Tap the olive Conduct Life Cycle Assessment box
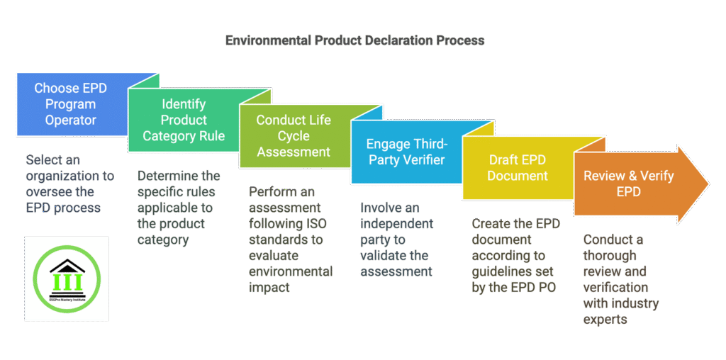pos(294,135)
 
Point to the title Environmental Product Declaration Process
pos(354,40)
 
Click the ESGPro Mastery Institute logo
pos(67,279)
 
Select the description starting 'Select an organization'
pos(63,184)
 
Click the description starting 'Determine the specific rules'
pos(177,208)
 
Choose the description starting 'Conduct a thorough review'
pos(620,279)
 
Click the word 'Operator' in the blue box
pos(71,120)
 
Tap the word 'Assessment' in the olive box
pos(294,152)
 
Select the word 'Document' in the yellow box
pos(518,176)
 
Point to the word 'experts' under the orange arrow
pos(604,320)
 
